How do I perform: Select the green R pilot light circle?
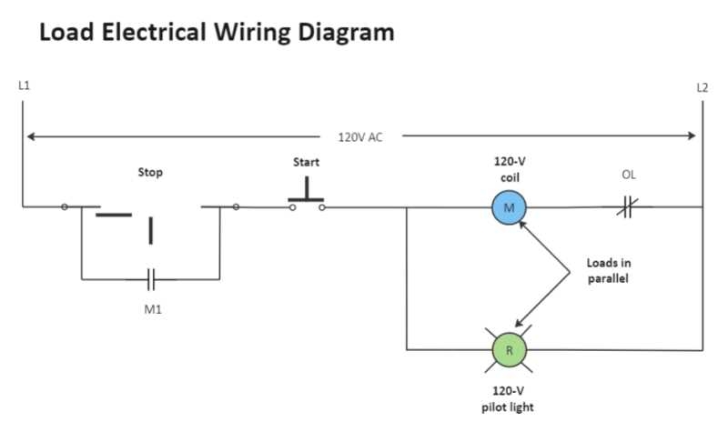[x=510, y=349]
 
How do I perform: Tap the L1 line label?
[x=24, y=85]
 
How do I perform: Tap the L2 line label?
[x=702, y=87]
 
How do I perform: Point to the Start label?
[x=306, y=162]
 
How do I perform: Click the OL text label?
[x=629, y=175]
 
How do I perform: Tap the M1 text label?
[x=152, y=308]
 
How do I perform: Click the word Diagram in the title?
[x=349, y=34]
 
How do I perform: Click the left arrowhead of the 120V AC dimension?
[x=31, y=137]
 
